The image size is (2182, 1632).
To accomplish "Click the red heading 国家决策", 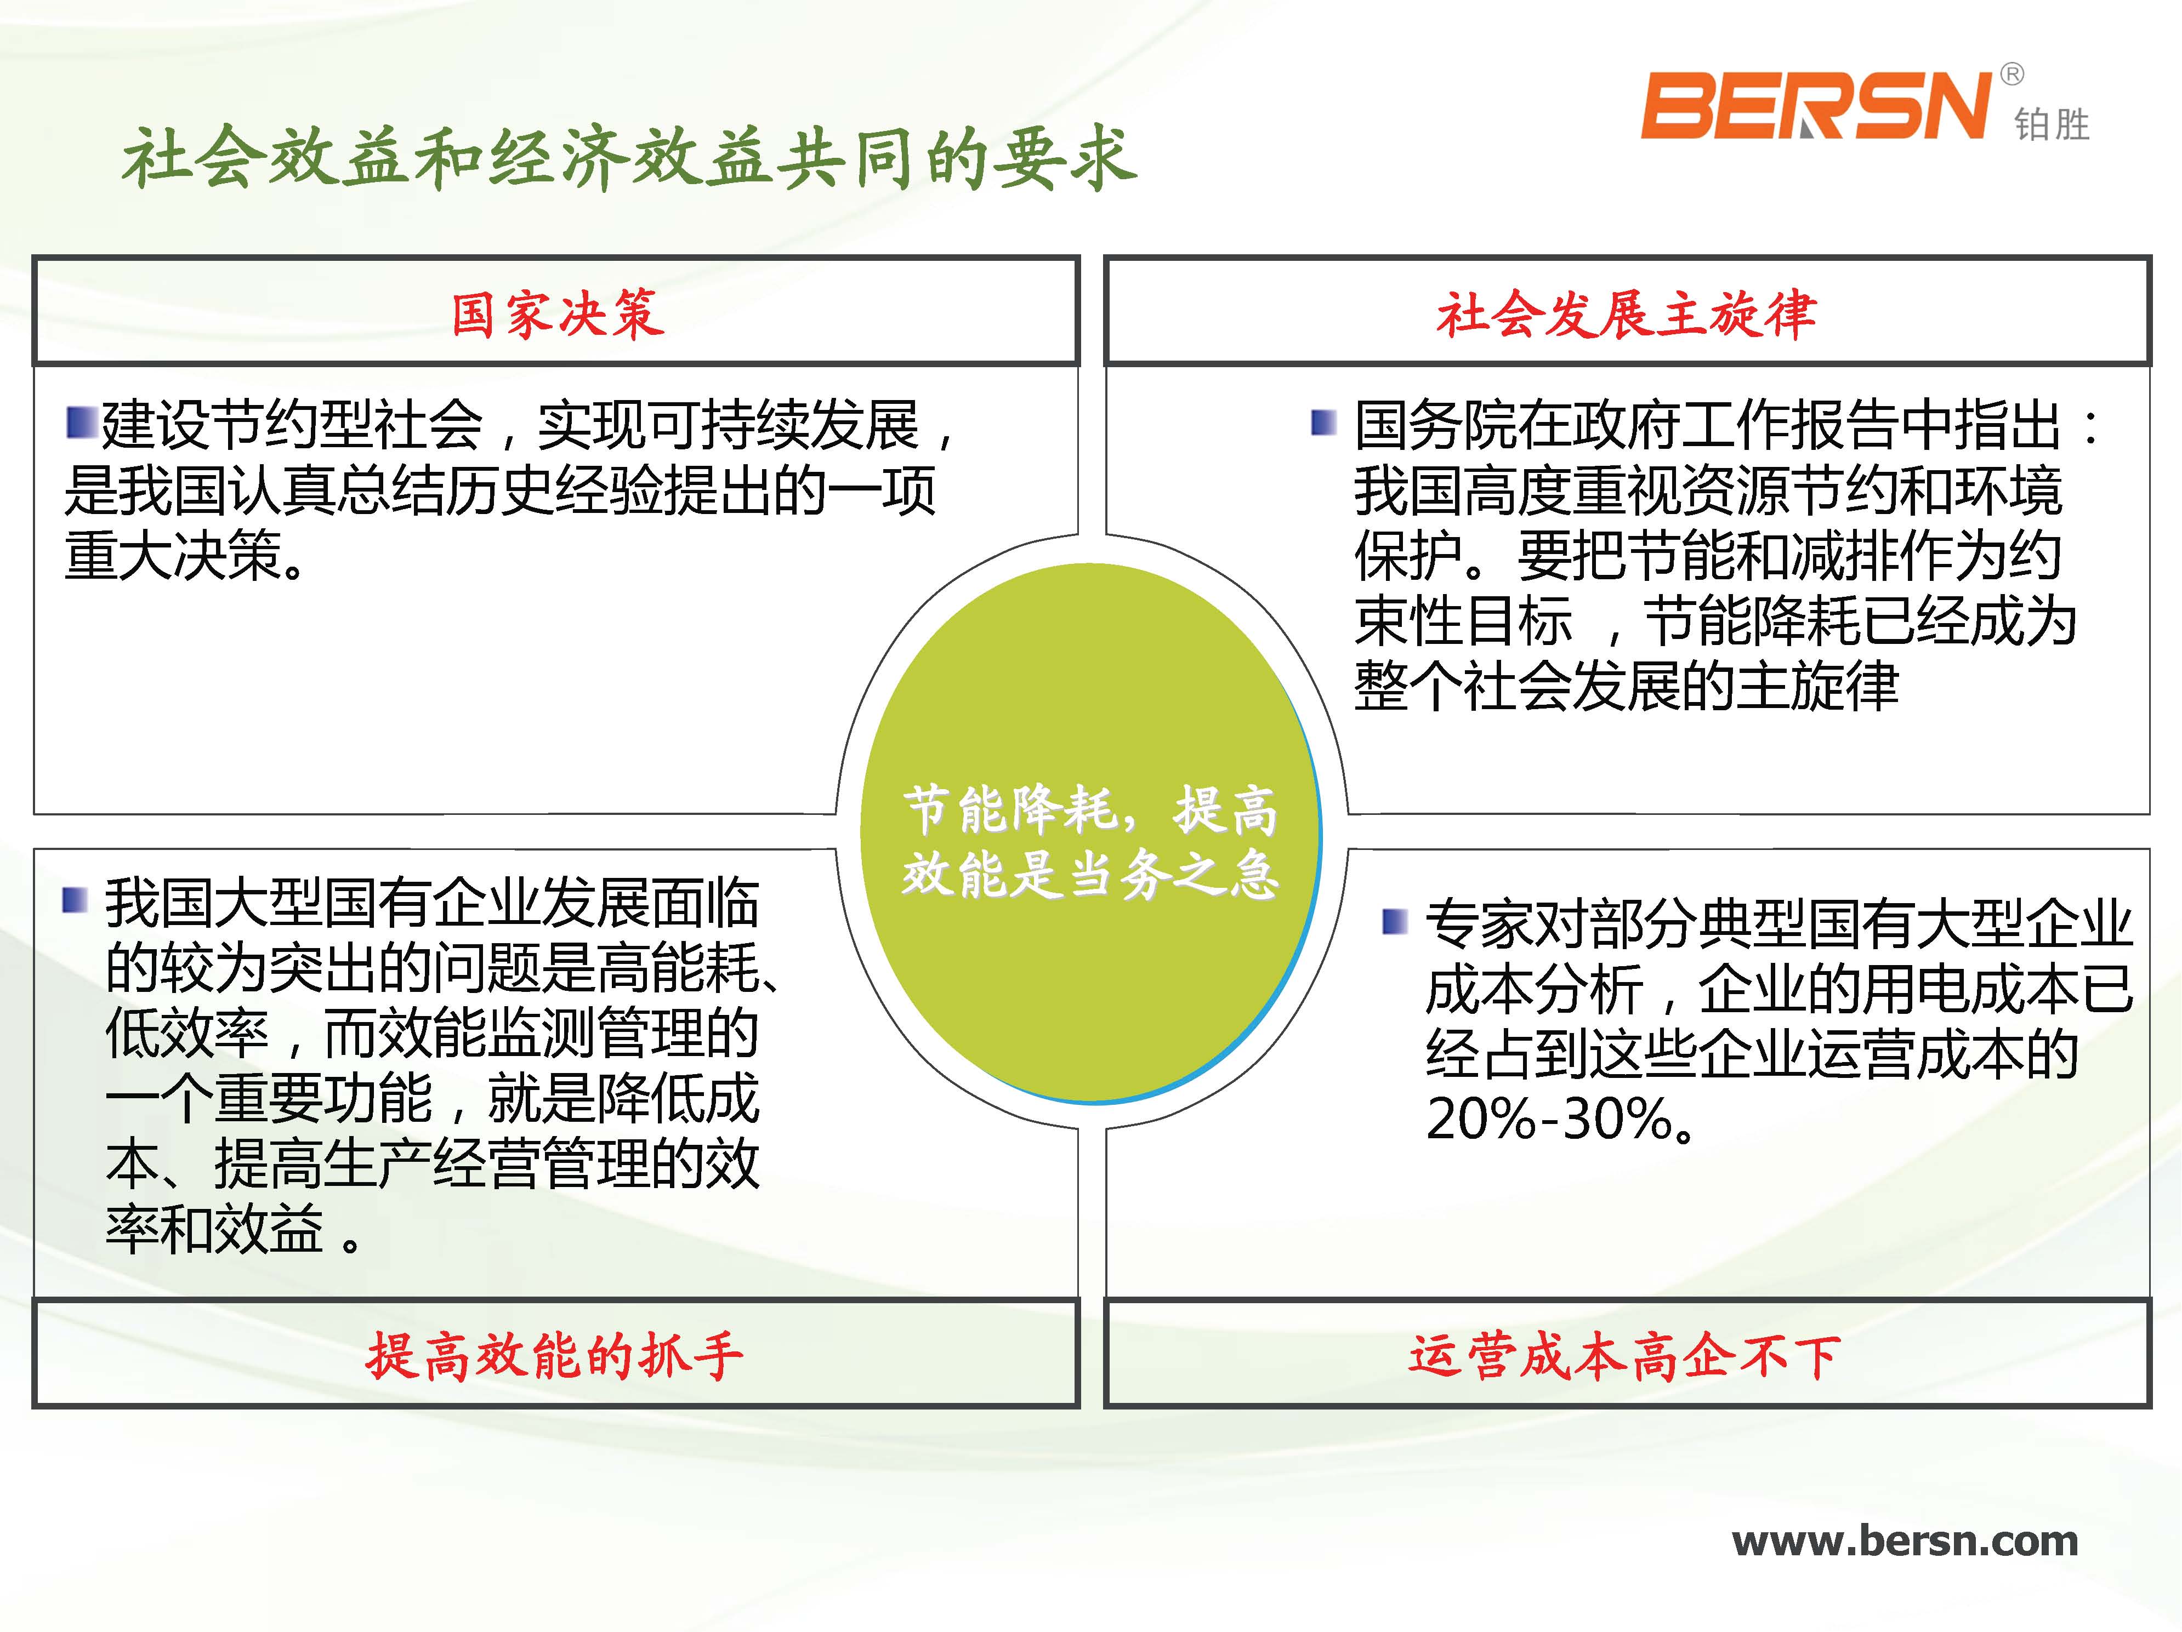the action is click(558, 315).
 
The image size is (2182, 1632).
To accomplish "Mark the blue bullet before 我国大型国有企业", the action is click(75, 899).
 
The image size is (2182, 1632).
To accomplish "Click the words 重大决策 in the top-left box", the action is click(174, 555).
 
